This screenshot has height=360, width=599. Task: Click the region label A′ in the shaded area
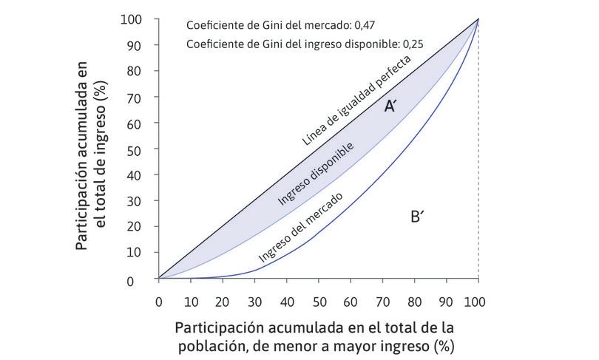coord(391,107)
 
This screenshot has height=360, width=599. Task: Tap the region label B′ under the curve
coord(416,217)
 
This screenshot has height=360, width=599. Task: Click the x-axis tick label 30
coord(254,302)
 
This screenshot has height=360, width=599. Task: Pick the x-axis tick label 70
coord(382,302)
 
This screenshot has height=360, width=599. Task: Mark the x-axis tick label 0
coord(158,302)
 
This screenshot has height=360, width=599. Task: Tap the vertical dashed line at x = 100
coord(478,185)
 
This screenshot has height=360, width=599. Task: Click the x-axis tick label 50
coord(318,302)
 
